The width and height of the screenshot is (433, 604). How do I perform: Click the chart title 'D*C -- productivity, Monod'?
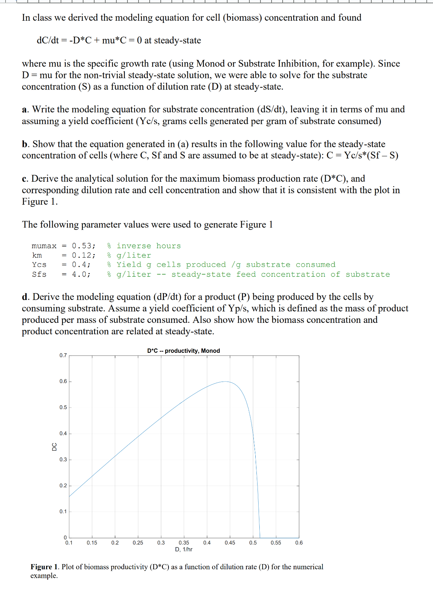pos(183,351)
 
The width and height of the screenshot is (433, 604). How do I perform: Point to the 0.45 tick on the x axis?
pos(230,543)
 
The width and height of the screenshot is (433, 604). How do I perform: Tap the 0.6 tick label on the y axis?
pos(63,381)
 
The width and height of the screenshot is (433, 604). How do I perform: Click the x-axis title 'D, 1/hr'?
pos(184,549)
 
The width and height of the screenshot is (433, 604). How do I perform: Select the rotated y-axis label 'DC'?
pos(54,447)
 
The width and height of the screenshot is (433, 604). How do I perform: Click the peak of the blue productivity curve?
pos(225,382)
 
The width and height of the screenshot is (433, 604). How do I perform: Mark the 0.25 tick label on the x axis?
pos(138,543)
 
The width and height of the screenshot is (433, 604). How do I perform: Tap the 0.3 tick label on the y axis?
pos(63,460)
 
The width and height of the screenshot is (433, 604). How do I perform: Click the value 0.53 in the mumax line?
pos(83,246)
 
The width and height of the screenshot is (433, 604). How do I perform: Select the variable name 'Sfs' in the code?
pos(39,274)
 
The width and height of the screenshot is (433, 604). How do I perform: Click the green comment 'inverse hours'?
pos(149,246)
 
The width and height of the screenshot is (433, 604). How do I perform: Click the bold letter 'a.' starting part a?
pos(25,109)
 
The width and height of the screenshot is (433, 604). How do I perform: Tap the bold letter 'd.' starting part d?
pos(25,297)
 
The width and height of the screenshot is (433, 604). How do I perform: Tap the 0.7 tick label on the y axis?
pos(63,355)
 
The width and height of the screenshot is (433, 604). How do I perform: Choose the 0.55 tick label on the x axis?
pos(276,543)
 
